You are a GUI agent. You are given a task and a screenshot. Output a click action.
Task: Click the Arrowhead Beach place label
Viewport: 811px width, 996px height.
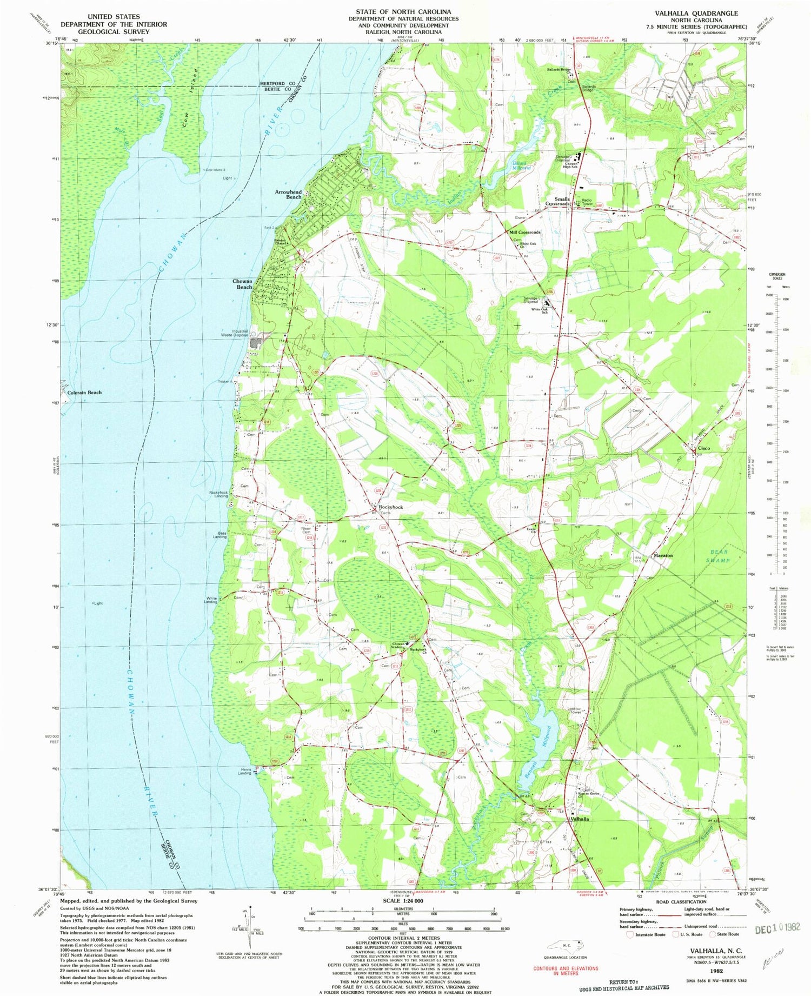point(288,194)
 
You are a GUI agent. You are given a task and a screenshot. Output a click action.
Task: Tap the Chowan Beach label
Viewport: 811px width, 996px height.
point(242,284)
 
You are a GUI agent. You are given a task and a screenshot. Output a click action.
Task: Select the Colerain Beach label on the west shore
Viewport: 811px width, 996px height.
point(84,393)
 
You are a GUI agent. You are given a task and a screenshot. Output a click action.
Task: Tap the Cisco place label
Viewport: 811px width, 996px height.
point(703,448)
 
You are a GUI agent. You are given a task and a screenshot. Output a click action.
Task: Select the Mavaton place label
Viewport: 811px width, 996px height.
point(663,555)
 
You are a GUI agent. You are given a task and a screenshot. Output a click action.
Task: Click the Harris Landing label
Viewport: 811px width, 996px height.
point(244,771)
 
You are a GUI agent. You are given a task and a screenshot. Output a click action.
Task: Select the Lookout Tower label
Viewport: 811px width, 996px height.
point(574,710)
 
